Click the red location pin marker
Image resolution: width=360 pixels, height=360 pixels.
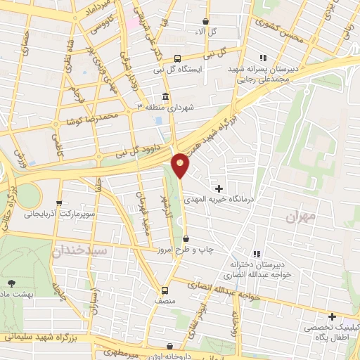pyautogui.click(x=181, y=165)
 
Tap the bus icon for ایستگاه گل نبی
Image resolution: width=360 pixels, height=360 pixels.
pyautogui.click(x=178, y=58)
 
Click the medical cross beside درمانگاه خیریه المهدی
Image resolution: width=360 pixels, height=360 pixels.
pyautogui.click(x=219, y=188)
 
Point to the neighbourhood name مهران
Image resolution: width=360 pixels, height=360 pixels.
pyautogui.click(x=302, y=217)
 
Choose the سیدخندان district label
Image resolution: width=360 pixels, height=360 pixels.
pyautogui.click(x=81, y=250)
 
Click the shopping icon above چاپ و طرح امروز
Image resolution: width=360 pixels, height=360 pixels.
pyautogui.click(x=186, y=240)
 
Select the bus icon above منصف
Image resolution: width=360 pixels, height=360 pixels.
pyautogui.click(x=165, y=290)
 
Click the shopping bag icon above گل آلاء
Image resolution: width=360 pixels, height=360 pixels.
pyautogui.click(x=205, y=22)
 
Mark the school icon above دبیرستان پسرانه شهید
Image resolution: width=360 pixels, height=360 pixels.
pyautogui.click(x=263, y=58)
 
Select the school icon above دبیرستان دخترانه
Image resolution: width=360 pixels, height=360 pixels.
pyautogui.click(x=257, y=253)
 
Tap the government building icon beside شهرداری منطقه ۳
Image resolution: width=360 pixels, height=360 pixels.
pyautogui.click(x=165, y=96)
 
